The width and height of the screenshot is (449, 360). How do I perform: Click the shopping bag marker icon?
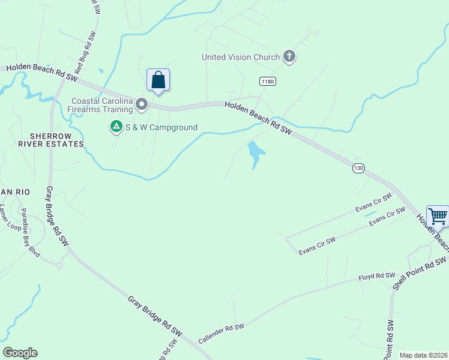click(x=158, y=80)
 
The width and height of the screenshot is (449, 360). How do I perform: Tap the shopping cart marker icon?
click(x=438, y=215)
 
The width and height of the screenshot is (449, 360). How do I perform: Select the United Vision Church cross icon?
click(x=289, y=57)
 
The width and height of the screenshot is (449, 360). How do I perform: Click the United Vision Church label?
click(x=241, y=58)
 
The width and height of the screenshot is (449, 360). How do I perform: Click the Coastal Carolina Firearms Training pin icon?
click(x=142, y=105)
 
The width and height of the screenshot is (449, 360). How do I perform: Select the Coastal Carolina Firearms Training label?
click(x=102, y=105)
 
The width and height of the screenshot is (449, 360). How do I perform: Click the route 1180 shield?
click(x=268, y=80)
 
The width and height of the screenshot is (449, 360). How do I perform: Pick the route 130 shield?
click(x=358, y=169)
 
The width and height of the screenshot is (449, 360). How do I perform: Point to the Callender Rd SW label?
click(x=221, y=335)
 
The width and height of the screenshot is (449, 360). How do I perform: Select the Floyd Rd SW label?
click(x=375, y=276)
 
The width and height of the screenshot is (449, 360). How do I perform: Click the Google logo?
click(x=20, y=353)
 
